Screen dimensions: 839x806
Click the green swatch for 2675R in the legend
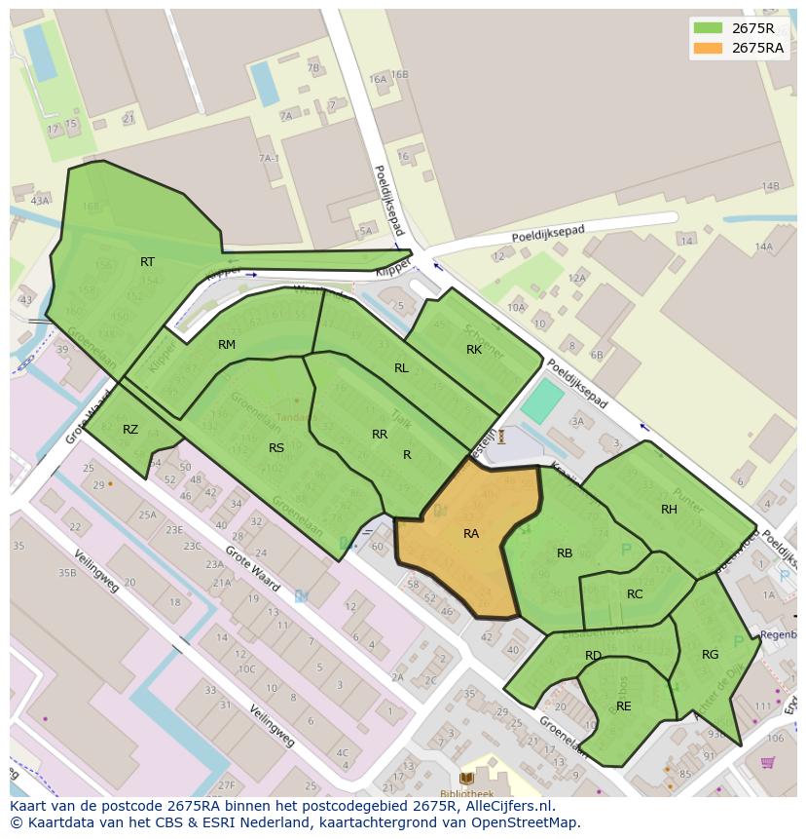tap(708, 28)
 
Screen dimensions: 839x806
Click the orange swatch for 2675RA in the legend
tap(708, 48)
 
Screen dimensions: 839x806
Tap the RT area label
tap(147, 262)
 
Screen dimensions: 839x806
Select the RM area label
tap(227, 345)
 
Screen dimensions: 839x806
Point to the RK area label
tap(474, 350)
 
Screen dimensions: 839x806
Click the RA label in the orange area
tap(471, 534)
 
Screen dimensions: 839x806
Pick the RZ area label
tap(130, 430)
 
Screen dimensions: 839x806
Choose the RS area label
tap(276, 448)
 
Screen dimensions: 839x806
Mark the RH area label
tap(669, 510)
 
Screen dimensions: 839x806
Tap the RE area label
tap(624, 706)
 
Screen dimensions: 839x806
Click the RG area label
tap(711, 655)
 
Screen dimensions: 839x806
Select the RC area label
tap(635, 594)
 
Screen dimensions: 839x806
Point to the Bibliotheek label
tap(467, 794)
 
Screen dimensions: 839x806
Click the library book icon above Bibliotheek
tap(467, 778)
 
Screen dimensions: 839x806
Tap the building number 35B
tap(66, 573)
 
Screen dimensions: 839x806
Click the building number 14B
tap(770, 186)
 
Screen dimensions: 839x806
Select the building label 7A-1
tap(269, 158)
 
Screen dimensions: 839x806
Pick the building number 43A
tap(39, 201)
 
